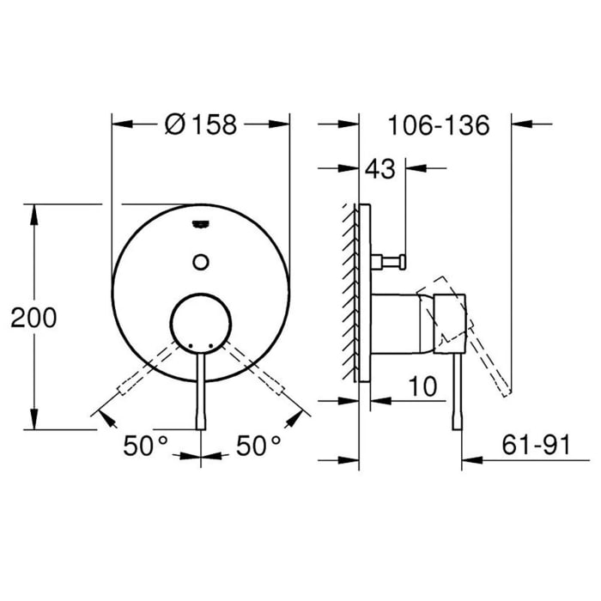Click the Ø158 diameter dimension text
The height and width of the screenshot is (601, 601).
[x=199, y=125]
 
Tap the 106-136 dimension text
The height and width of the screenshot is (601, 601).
[x=438, y=125]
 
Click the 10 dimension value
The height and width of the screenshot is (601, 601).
[x=422, y=386]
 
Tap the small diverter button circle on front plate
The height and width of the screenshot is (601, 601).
[x=200, y=261]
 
